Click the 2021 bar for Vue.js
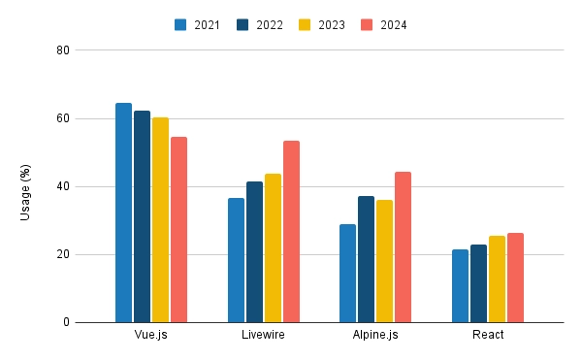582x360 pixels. (123, 213)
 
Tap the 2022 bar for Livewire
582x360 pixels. (254, 252)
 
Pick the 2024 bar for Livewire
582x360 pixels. (291, 232)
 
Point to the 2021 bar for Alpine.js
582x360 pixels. (347, 274)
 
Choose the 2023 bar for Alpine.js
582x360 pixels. (384, 261)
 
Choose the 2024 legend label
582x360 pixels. (393, 25)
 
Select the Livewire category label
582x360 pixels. (263, 335)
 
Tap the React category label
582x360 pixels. (487, 335)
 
